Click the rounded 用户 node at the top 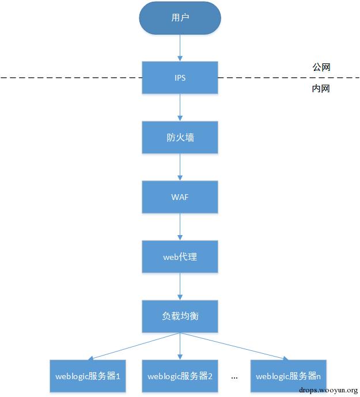coord(180,18)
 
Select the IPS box coord(180,78)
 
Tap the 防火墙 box coord(180,138)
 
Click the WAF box coord(180,197)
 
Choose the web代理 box coord(180,257)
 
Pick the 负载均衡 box coord(180,316)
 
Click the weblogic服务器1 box coord(88,376)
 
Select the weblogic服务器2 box coord(180,376)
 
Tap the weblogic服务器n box coord(288,376)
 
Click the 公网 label coord(321,67)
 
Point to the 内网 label coord(321,89)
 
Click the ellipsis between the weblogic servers coord(234,377)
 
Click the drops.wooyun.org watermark coord(329,390)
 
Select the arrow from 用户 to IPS coord(180,47)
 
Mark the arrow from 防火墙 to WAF coord(180,167)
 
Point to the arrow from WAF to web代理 coord(180,227)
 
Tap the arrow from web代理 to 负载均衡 coord(180,286)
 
